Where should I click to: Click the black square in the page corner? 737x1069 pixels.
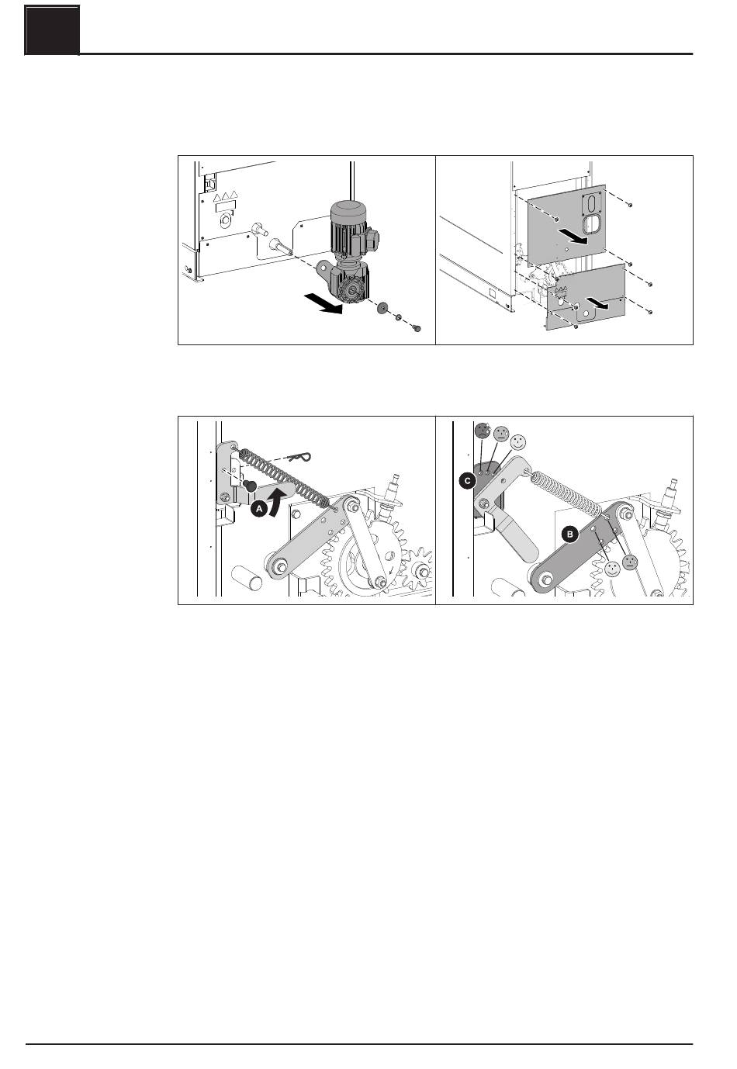[52, 29]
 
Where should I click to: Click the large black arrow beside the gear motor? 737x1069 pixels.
[324, 304]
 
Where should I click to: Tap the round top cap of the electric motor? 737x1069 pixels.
[348, 208]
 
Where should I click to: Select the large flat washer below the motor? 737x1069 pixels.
[382, 308]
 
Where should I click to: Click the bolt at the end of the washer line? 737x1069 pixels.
[417, 328]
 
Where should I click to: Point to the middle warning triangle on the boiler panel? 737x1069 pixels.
[225, 196]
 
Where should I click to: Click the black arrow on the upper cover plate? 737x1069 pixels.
[572, 236]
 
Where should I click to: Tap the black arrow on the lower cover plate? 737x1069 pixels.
[599, 303]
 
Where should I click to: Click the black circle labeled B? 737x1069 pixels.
[570, 534]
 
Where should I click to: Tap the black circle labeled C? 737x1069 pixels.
[467, 481]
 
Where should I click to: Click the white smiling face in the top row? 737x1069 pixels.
[518, 442]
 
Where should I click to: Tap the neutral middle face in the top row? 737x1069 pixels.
[500, 434]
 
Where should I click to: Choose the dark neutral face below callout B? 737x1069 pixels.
[630, 562]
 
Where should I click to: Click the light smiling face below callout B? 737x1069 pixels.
[612, 568]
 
